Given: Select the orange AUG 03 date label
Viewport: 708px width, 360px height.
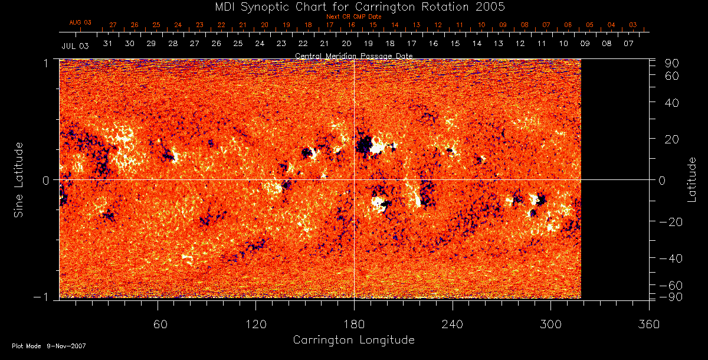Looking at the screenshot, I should [81, 22].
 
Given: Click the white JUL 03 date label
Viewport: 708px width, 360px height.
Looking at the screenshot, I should [75, 45].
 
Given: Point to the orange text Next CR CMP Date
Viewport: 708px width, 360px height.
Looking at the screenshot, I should [354, 17].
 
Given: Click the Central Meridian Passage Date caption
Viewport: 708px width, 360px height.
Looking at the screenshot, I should [354, 56].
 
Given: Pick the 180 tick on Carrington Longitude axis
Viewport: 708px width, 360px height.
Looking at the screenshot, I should [354, 324].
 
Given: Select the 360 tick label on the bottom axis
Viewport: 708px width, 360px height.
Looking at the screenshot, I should [649, 324].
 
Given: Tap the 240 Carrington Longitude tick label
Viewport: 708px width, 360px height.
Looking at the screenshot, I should [453, 324].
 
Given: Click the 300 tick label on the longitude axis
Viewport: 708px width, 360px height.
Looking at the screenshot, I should [550, 324].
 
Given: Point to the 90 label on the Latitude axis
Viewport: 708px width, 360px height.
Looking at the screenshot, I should [672, 63].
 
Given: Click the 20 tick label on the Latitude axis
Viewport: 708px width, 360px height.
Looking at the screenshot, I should [672, 139].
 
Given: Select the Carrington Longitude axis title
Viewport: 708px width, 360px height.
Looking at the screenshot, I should [353, 341].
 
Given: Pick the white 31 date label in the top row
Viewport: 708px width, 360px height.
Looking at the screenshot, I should [108, 44].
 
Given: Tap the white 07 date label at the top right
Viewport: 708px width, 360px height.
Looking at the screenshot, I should [628, 44].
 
